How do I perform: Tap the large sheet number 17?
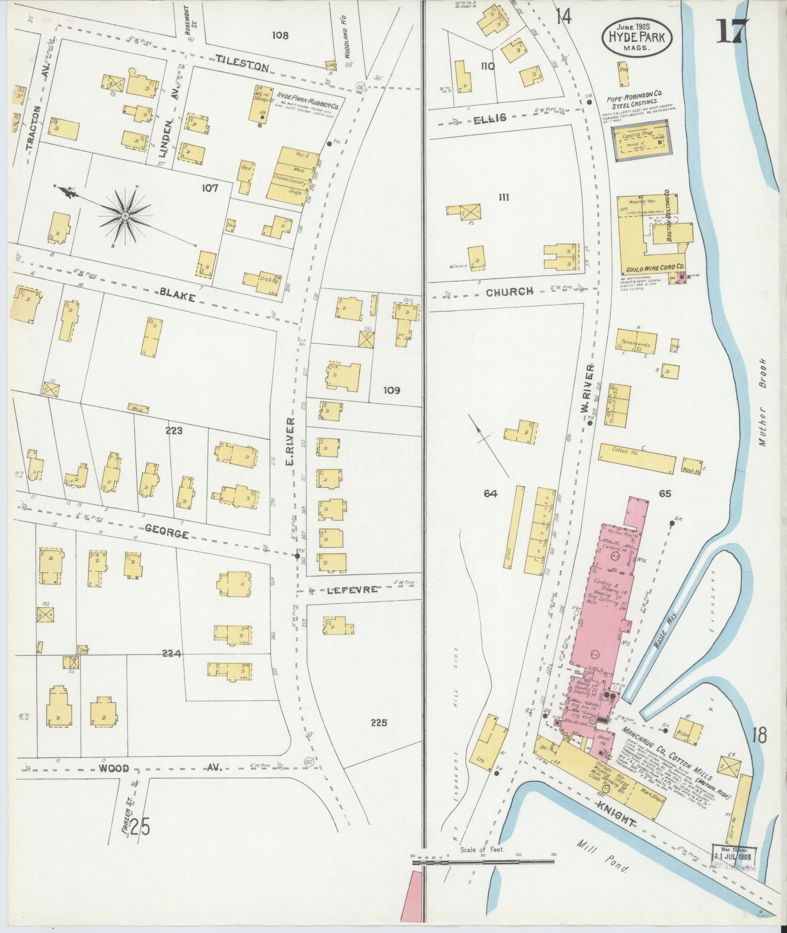tap(731, 32)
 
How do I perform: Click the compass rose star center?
tap(125, 215)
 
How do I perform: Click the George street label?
tap(166, 533)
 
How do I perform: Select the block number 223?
tap(174, 431)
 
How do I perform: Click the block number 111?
tap(504, 197)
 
